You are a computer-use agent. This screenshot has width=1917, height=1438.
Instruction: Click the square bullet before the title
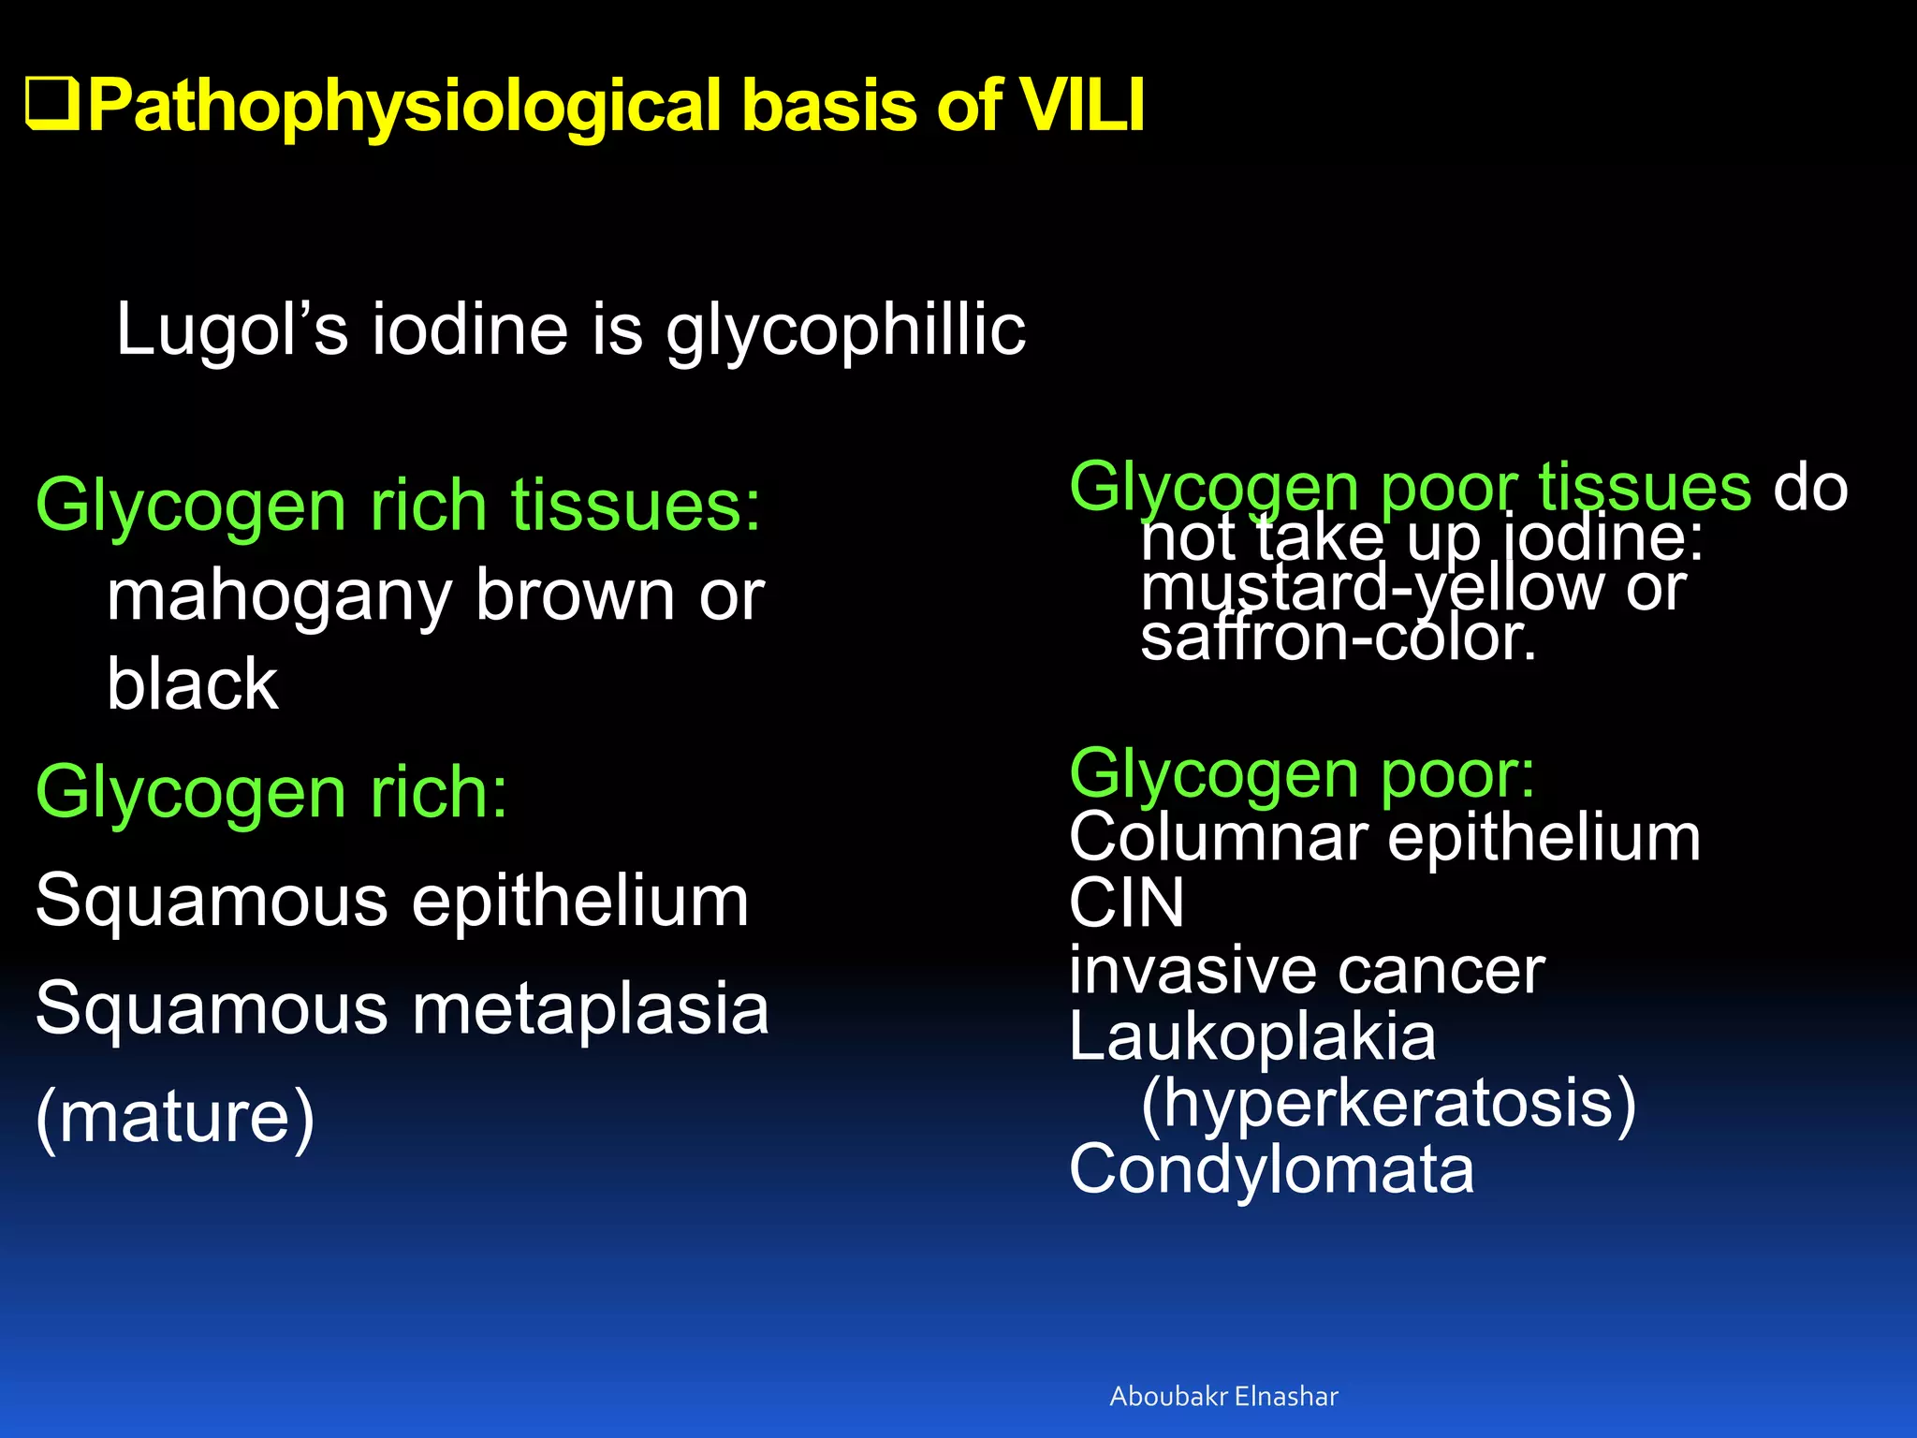pyautogui.click(x=52, y=104)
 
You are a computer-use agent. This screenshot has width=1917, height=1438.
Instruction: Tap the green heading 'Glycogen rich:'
pyautogui.click(x=271, y=792)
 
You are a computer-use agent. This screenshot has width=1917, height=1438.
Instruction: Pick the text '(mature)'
pyautogui.click(x=175, y=1117)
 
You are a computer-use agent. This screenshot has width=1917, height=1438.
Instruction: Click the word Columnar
pyautogui.click(x=1218, y=837)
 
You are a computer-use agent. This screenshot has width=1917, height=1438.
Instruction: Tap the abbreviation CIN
pyautogui.click(x=1126, y=902)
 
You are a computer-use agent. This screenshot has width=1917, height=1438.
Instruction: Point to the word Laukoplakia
pyautogui.click(x=1251, y=1036)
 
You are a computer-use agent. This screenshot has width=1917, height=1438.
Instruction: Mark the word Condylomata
pyautogui.click(x=1271, y=1169)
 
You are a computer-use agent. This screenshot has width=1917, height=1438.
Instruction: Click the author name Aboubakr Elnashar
pyautogui.click(x=1223, y=1396)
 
